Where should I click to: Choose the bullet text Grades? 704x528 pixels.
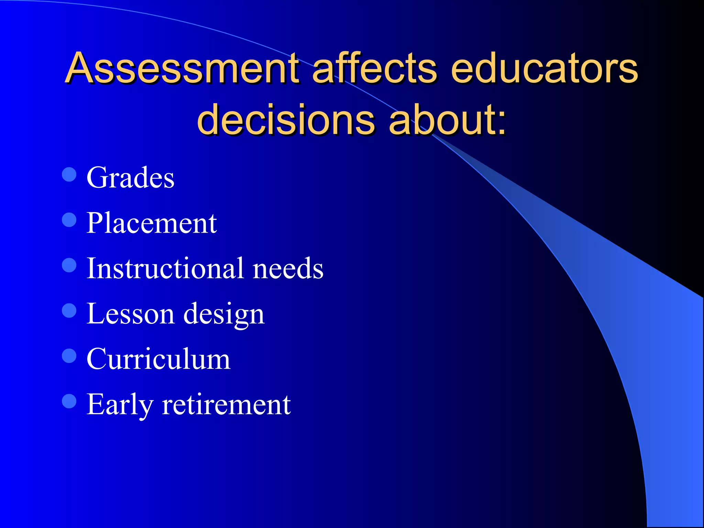tap(130, 178)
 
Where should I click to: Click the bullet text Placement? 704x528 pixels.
tap(152, 223)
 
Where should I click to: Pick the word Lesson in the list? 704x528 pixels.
tap(130, 313)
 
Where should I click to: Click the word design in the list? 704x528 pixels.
tap(224, 314)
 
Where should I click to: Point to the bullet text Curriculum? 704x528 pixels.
tap(158, 359)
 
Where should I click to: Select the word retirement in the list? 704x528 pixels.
tap(227, 404)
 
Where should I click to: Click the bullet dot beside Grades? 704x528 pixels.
tap(69, 174)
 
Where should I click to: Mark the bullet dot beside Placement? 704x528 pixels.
tap(69, 220)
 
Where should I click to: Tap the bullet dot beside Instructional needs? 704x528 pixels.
tap(69, 265)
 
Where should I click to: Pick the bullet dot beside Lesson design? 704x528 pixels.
tap(69, 310)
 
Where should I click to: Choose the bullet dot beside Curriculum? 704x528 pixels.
tap(69, 356)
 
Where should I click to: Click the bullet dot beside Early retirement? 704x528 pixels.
tap(69, 401)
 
